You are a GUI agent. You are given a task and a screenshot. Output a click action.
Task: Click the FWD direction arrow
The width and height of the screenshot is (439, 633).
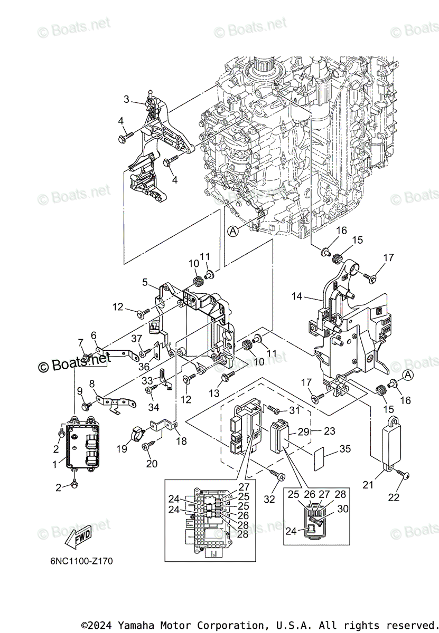pos(77,536)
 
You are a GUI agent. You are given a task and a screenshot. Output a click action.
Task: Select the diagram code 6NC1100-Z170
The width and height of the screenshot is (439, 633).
pos(78,561)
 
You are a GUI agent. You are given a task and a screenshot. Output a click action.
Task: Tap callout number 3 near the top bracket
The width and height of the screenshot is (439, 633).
pos(127,99)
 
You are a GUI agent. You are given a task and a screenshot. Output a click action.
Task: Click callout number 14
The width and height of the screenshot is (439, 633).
pos(297,296)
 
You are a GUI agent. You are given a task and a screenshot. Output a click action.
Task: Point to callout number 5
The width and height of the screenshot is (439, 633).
pos(145,282)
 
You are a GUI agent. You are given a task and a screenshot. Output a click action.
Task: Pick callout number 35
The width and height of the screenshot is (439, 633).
pos(345,449)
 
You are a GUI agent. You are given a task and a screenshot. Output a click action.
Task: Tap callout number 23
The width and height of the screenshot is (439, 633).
pos(329,431)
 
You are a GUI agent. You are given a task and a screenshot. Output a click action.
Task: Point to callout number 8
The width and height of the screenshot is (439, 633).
pos(92,384)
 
